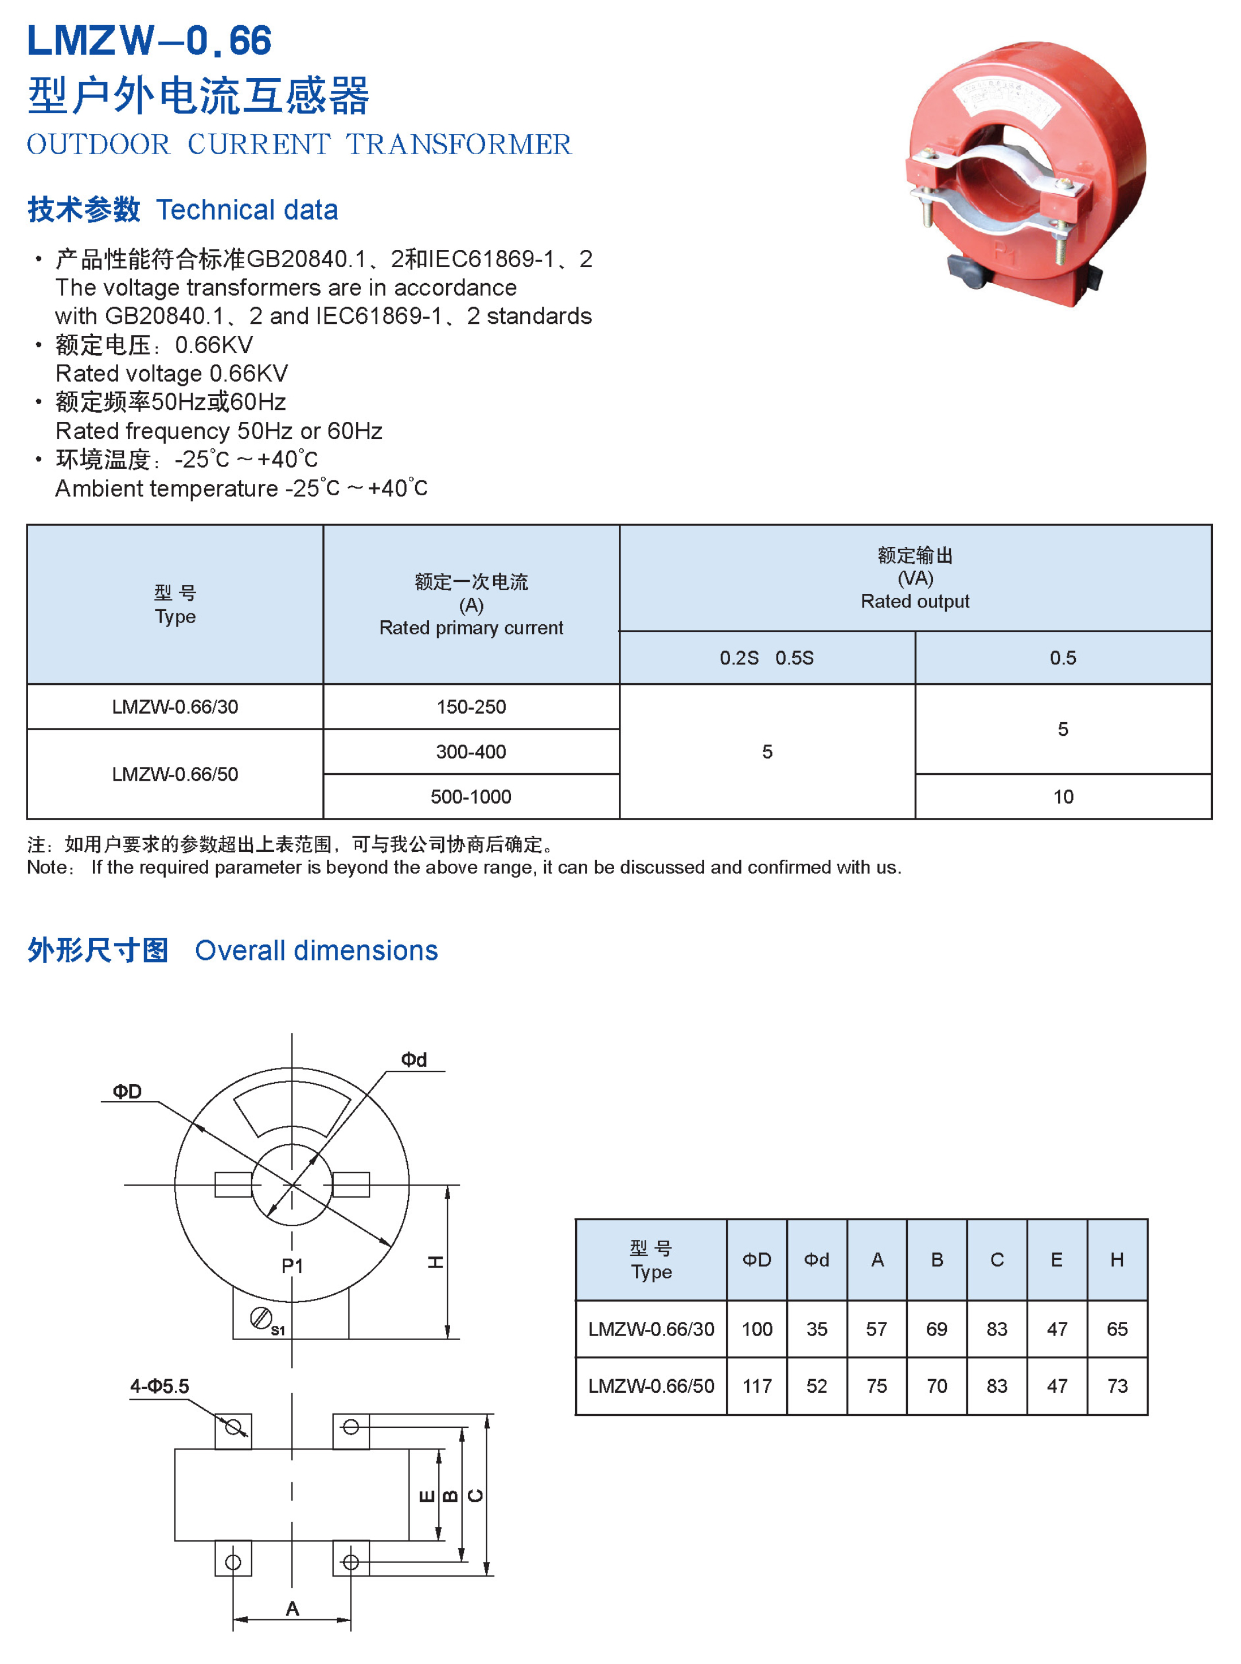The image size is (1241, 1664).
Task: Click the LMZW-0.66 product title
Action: click(x=149, y=41)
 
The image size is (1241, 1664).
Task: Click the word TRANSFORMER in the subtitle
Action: click(x=458, y=144)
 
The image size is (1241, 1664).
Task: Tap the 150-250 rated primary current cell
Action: click(x=471, y=707)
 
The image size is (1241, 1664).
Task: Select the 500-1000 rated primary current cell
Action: click(x=471, y=797)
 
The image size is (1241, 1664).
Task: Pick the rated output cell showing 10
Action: click(x=1063, y=797)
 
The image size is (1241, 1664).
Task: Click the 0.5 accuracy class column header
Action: click(x=1063, y=658)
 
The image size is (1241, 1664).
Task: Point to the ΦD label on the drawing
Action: click(x=127, y=1091)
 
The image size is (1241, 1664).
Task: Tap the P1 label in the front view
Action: click(x=292, y=1266)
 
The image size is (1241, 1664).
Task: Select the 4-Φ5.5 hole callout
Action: click(x=159, y=1386)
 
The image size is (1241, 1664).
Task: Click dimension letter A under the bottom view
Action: click(x=292, y=1608)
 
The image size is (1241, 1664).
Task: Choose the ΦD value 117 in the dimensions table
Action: click(x=756, y=1386)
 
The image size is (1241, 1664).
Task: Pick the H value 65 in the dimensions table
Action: click(x=1117, y=1329)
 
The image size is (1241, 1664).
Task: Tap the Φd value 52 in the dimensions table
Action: click(x=817, y=1386)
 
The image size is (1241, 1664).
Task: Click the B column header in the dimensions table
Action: click(x=936, y=1260)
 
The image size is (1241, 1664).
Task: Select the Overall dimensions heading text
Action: click(x=316, y=950)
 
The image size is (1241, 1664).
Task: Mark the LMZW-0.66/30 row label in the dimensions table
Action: click(x=650, y=1329)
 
